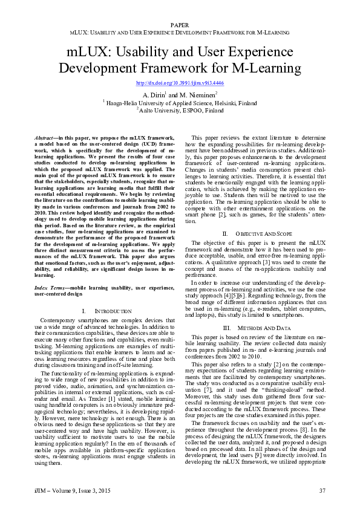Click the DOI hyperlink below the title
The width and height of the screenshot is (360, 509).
click(x=180, y=83)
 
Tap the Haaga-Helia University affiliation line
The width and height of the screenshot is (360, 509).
click(x=180, y=103)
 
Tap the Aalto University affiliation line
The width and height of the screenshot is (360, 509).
click(x=180, y=111)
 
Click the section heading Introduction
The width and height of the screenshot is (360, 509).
click(x=109, y=311)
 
